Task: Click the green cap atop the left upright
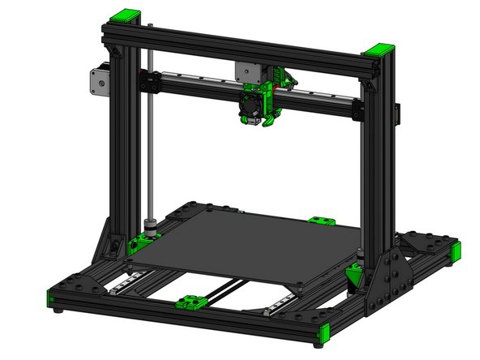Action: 127,15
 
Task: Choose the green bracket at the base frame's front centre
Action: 191,303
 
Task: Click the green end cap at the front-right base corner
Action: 324,333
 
